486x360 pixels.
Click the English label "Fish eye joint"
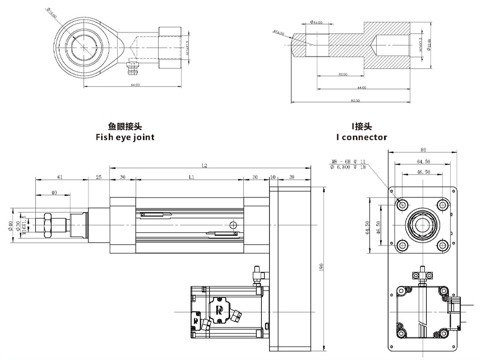[124, 137]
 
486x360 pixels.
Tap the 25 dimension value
[99, 177]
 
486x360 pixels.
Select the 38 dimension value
[291, 177]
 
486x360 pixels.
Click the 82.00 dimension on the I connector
[354, 100]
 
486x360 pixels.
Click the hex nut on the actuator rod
[47, 224]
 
